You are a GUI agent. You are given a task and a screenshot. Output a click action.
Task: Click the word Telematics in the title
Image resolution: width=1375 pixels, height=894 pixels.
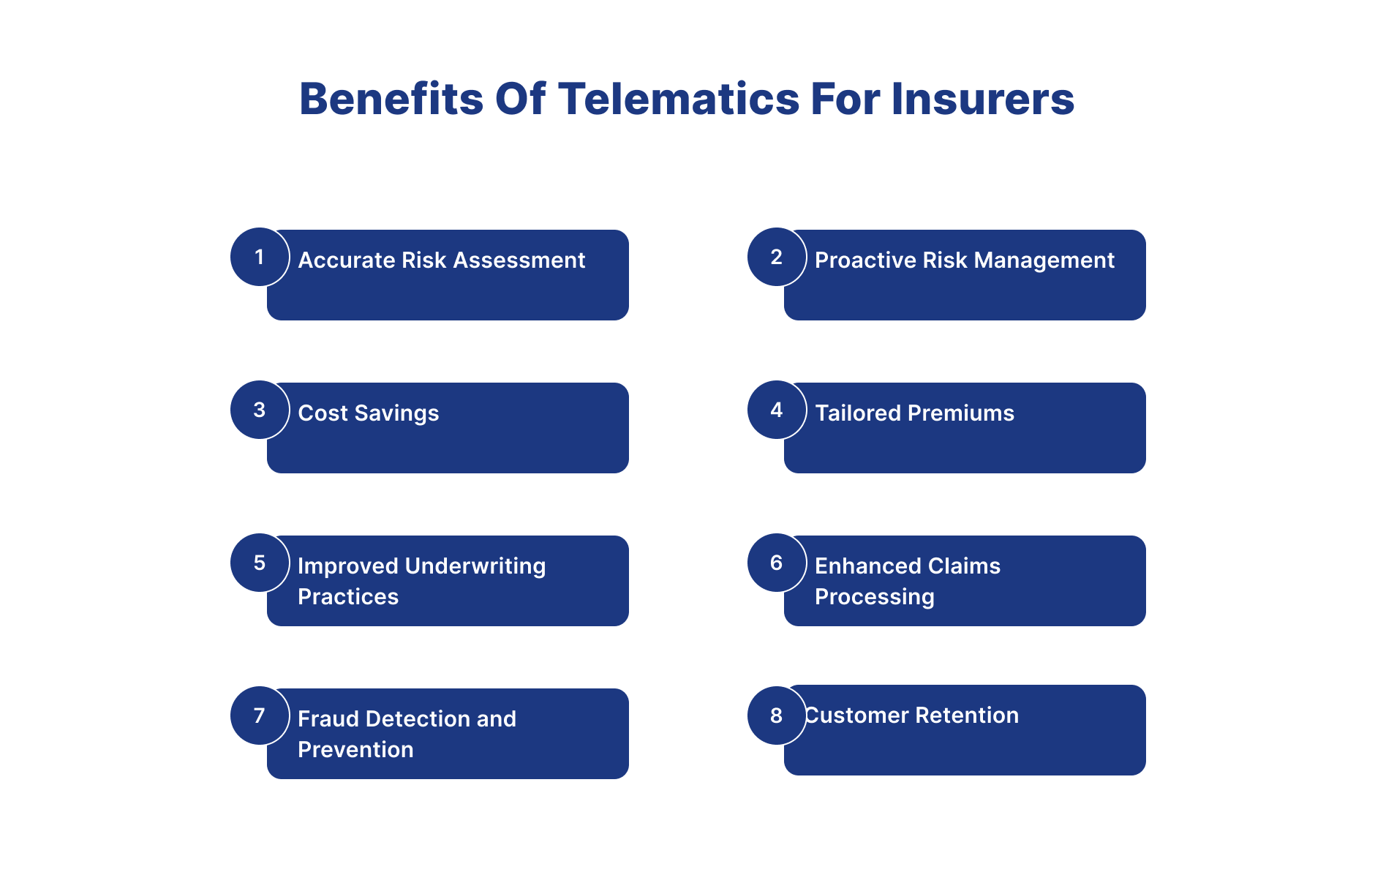(x=679, y=99)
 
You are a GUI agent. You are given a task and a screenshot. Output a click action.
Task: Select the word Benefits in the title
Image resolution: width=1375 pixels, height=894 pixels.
(x=391, y=99)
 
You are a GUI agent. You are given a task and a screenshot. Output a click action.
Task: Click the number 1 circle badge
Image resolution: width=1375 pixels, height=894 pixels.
(x=260, y=257)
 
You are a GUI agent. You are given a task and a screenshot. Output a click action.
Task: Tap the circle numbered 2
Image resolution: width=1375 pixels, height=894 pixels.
(x=777, y=257)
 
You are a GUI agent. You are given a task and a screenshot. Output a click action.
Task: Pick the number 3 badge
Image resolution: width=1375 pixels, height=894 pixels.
(x=260, y=410)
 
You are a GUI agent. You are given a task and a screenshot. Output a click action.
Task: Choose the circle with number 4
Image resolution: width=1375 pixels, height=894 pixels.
(x=777, y=410)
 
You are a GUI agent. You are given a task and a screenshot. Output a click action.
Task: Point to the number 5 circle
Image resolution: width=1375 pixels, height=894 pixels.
(x=260, y=563)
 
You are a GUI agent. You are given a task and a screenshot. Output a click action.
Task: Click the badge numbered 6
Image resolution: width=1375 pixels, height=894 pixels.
(x=777, y=563)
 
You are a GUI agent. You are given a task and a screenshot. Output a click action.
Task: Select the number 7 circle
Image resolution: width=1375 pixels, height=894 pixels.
(x=260, y=715)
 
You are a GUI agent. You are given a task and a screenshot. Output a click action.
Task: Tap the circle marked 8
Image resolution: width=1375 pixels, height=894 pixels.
(x=777, y=715)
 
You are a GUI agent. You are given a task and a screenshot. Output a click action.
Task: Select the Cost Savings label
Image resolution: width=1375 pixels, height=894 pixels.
(x=369, y=413)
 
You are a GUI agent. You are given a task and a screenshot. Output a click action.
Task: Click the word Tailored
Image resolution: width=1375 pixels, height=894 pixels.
(x=858, y=413)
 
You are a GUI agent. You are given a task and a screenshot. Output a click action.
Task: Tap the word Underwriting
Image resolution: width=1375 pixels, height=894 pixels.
(x=475, y=567)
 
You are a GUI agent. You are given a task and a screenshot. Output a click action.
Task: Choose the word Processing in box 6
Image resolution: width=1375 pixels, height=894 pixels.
(x=875, y=598)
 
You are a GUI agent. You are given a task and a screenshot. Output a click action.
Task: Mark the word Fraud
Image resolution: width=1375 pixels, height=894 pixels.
(x=328, y=719)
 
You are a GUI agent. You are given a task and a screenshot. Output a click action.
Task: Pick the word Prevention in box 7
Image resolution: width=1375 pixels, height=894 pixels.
(x=356, y=750)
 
